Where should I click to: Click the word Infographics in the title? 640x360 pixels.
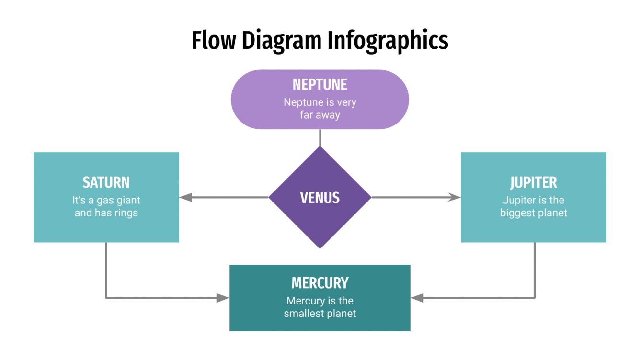388,40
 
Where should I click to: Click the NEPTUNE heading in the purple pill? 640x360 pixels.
320,85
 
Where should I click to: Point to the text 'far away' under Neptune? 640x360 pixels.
320,115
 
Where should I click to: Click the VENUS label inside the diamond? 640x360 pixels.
320,198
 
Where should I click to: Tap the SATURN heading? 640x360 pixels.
106,182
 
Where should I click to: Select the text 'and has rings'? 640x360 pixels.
106,213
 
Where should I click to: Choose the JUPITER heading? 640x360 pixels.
533,182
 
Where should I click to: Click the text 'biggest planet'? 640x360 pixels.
533,213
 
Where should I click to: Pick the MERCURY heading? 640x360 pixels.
320,283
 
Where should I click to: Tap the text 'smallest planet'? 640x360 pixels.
320,314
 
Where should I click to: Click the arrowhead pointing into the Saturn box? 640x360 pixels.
186,197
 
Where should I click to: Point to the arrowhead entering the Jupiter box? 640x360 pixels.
454,197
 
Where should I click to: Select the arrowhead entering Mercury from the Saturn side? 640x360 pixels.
223,298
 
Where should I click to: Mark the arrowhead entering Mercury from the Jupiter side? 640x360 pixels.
417,298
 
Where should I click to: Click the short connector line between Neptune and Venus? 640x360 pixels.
320,137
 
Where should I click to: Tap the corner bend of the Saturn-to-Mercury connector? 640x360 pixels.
106,298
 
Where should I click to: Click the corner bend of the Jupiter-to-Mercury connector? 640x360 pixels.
534,298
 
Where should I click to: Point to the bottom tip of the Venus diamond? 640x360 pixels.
320,247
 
